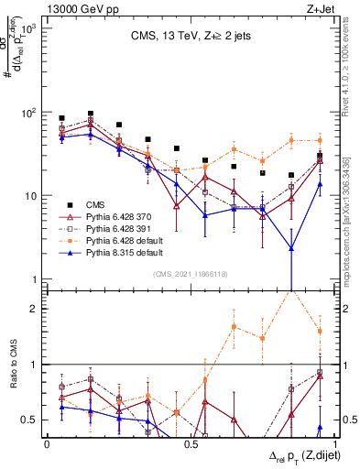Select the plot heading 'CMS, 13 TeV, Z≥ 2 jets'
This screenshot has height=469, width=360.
(x=183, y=37)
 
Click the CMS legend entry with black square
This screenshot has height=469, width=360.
(x=95, y=204)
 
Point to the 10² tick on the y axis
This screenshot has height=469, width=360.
(x=31, y=113)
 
